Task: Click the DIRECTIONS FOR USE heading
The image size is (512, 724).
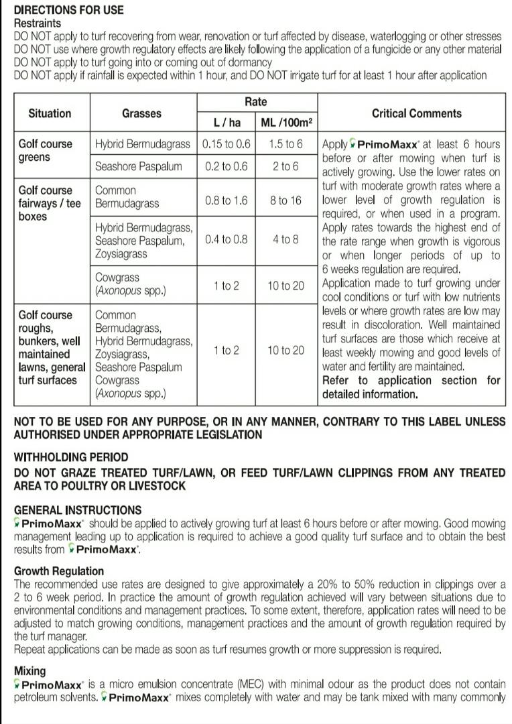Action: [x=68, y=11]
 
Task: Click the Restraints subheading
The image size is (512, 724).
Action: [x=38, y=23]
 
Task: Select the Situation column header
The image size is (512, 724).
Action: [x=50, y=113]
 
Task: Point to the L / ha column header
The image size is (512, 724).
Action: [x=226, y=122]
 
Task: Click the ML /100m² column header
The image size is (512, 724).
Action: [x=286, y=122]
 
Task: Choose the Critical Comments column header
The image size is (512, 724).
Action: [x=416, y=113]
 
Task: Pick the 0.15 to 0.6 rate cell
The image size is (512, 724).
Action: [x=226, y=144]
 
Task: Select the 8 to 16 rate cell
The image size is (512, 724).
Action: [x=286, y=200]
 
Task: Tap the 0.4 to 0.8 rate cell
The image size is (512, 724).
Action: [x=226, y=239]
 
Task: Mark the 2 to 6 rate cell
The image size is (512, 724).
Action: [x=286, y=166]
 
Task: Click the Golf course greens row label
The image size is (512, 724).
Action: [x=46, y=150]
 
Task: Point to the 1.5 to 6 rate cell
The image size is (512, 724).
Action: [x=286, y=144]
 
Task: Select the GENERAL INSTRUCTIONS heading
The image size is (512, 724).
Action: [x=78, y=510]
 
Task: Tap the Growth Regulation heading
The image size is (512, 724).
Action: [x=59, y=571]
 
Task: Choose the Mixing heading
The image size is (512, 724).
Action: [x=30, y=671]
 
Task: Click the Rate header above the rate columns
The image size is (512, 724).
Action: [x=255, y=102]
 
